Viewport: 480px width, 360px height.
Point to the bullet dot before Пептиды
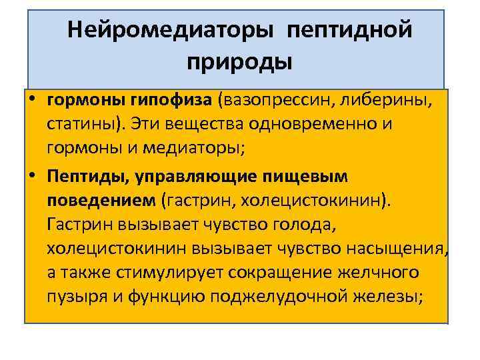pyautogui.click(x=33, y=175)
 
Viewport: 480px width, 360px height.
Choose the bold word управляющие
pyautogui.click(x=197, y=176)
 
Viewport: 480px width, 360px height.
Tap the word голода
pyautogui.click(x=304, y=224)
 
